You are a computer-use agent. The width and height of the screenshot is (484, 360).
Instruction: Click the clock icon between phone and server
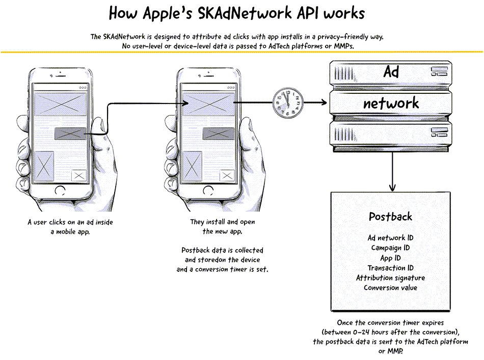click(x=288, y=102)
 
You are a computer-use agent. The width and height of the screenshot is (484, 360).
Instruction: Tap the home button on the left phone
click(x=60, y=190)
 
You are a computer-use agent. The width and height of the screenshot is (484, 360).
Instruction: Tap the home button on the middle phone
click(x=208, y=190)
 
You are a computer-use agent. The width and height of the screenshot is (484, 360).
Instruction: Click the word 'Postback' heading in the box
click(x=390, y=216)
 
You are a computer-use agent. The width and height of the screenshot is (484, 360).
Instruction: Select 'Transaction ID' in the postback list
click(x=390, y=268)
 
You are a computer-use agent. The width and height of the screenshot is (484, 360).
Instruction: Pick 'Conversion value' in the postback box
click(x=390, y=288)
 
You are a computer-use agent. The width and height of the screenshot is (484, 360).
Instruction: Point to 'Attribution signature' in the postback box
click(x=390, y=278)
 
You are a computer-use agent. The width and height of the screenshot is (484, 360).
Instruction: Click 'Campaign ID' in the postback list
click(x=390, y=248)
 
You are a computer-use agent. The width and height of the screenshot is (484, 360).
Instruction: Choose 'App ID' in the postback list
click(x=390, y=258)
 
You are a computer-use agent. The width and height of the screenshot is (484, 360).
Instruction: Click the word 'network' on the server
click(x=391, y=103)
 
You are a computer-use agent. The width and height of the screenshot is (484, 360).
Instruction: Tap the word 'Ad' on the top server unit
click(x=391, y=72)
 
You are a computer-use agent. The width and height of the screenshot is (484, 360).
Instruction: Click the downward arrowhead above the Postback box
click(x=392, y=187)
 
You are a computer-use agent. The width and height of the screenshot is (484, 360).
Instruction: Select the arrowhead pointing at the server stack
click(x=324, y=102)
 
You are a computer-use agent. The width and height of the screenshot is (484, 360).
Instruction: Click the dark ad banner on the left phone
click(x=70, y=134)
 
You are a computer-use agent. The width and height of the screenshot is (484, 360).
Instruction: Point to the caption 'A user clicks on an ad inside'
click(x=70, y=222)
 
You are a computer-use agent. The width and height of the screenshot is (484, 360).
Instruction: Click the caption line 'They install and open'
click(x=223, y=222)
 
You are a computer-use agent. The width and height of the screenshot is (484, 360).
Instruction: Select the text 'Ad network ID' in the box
click(x=390, y=238)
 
